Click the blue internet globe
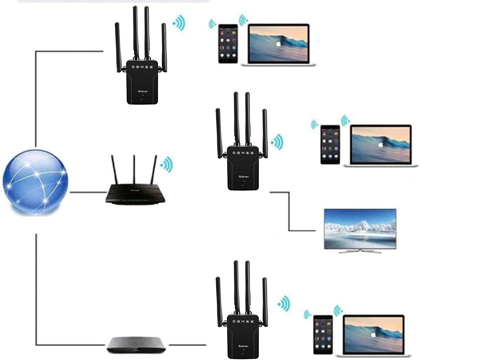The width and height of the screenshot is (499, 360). click(35, 182)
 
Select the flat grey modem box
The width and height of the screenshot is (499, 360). click(136, 345)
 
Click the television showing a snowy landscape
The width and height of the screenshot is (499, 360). click(360, 228)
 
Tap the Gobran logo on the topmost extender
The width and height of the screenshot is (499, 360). click(143, 91)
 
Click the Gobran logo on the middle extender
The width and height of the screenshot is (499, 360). click(244, 177)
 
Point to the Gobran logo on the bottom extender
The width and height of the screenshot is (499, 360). click(243, 346)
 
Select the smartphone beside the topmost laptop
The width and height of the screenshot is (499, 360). click(228, 44)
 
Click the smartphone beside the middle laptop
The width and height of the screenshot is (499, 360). click(330, 145)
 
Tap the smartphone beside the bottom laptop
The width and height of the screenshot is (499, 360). click(323, 334)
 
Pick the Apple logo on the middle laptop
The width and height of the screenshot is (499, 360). click(380, 144)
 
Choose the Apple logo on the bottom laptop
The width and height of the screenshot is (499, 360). click(373, 334)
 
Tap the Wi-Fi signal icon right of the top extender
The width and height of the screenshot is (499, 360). click(179, 23)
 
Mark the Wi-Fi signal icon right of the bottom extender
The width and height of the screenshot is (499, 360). click(284, 303)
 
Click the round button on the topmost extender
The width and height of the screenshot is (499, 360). click(142, 98)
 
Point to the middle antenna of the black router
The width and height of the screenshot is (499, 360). click(134, 170)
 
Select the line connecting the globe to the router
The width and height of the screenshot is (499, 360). click(87, 192)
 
